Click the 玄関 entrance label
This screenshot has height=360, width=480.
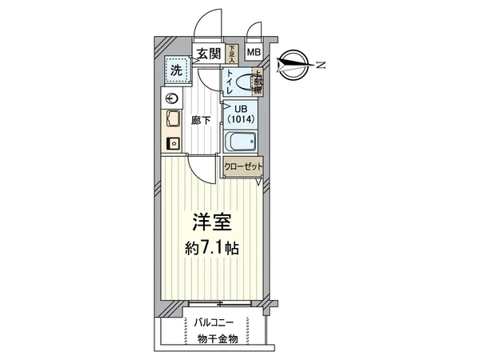coord(210,54)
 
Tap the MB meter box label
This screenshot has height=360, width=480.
coord(253,54)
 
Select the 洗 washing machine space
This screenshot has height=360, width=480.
coord(174,70)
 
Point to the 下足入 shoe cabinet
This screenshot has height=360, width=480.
coord(232,54)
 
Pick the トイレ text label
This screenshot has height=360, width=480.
coord(230,82)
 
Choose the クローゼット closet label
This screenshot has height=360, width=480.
coord(242,168)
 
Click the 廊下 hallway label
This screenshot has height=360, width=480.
coord(202,121)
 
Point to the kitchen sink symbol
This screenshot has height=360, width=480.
coord(172,121)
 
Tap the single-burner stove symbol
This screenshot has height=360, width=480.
coord(172,144)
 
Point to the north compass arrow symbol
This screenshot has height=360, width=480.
coord(295,63)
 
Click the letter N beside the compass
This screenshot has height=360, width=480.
coord(320,64)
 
